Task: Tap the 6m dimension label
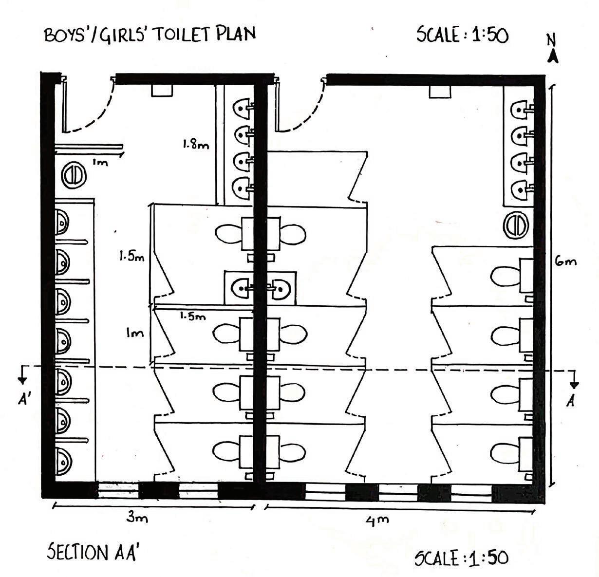(566, 261)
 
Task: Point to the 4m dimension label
(377, 520)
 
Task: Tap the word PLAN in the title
(237, 35)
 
